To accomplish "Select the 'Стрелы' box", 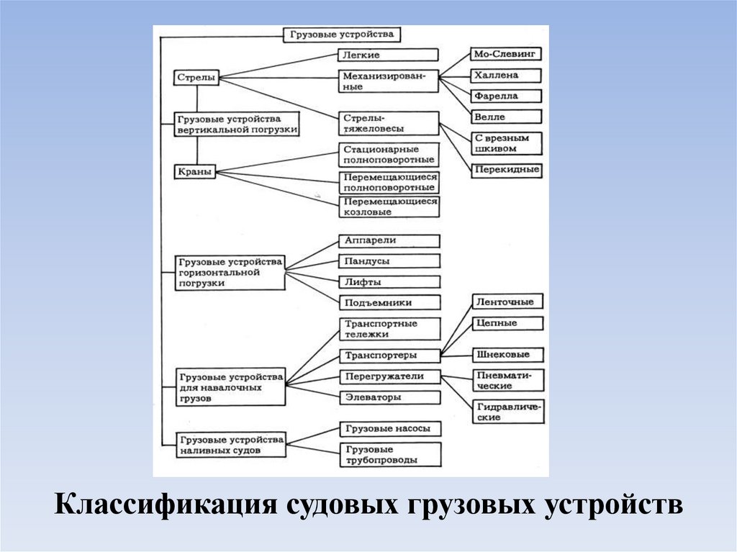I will click(x=196, y=78).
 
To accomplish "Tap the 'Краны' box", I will click(x=195, y=171).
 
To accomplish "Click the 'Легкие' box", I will click(x=388, y=55).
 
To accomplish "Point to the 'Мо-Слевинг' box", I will click(x=505, y=54).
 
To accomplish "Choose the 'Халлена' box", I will click(x=505, y=75).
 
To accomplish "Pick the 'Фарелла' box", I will click(x=505, y=96).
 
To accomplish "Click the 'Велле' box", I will click(x=505, y=117).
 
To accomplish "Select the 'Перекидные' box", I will click(x=505, y=171).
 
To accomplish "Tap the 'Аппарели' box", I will click(x=388, y=240).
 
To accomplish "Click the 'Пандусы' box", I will click(x=388, y=261).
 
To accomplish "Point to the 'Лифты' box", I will click(x=388, y=282).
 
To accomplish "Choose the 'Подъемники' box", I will click(x=388, y=303).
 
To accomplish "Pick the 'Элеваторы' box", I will click(x=388, y=397).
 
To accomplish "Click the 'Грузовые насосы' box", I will click(x=388, y=429).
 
